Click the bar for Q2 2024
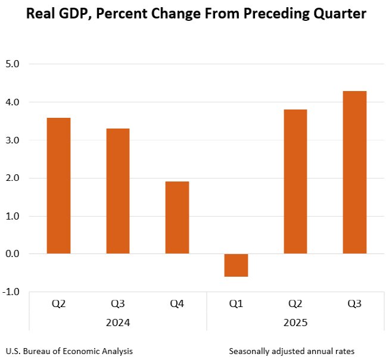coord(59,186)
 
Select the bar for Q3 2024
coord(118,191)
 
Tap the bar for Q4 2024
coord(177,217)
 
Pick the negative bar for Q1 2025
coord(236,265)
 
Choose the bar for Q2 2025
coord(295,181)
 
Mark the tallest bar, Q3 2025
coord(354,173)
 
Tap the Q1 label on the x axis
coord(236,304)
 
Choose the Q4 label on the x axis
coord(177,304)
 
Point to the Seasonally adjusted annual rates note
coord(295,350)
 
